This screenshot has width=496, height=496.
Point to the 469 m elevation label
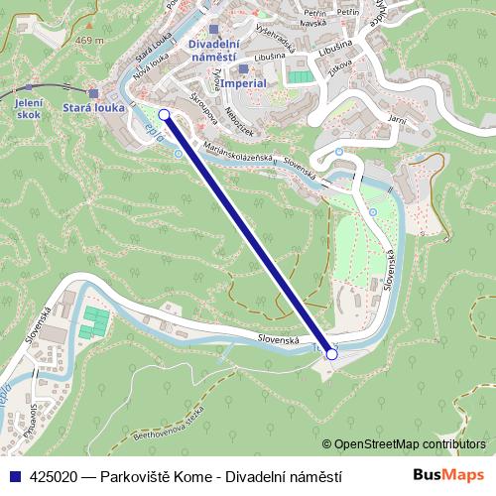pyautogui.click(x=89, y=41)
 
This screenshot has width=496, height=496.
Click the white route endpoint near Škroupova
pyautogui.click(x=164, y=115)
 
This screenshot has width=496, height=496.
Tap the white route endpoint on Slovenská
pyautogui.click(x=331, y=354)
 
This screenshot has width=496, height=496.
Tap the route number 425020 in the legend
pyautogui.click(x=55, y=477)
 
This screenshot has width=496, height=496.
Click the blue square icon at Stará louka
pyautogui.click(x=93, y=93)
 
